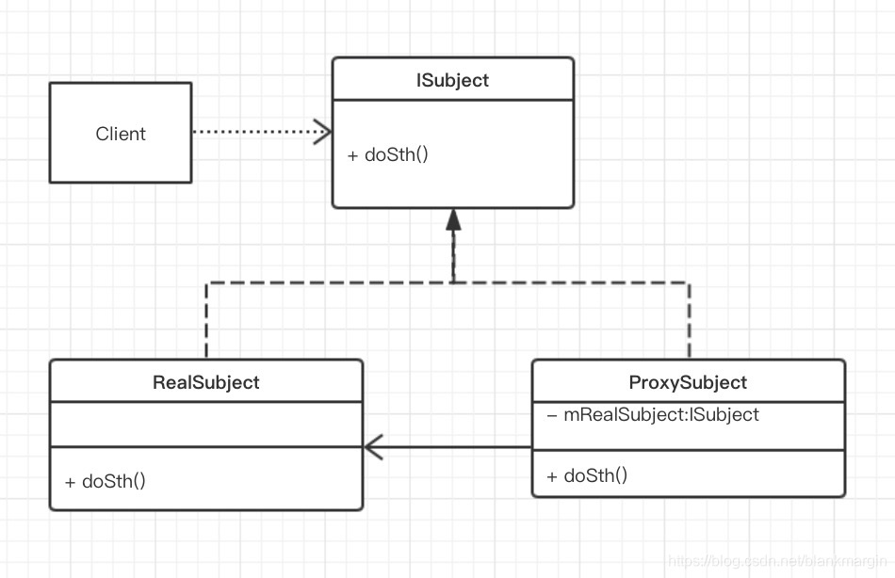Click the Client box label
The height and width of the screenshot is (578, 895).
121,134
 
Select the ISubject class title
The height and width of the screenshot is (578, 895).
452,80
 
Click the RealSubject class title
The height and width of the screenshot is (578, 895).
205,382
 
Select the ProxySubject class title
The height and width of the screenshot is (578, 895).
688,382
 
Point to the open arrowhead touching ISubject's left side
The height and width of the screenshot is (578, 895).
322,132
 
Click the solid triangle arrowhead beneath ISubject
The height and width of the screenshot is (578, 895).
453,220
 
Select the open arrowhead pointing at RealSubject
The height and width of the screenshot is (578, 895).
373,447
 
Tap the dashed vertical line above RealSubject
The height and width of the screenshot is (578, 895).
206,320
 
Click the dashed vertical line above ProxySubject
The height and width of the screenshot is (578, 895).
689,320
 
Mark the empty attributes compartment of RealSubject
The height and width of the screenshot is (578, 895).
205,425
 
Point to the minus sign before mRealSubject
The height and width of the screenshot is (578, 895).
552,414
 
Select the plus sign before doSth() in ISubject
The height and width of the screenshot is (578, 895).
352,154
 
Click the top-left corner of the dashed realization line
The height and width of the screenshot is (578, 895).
206,281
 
